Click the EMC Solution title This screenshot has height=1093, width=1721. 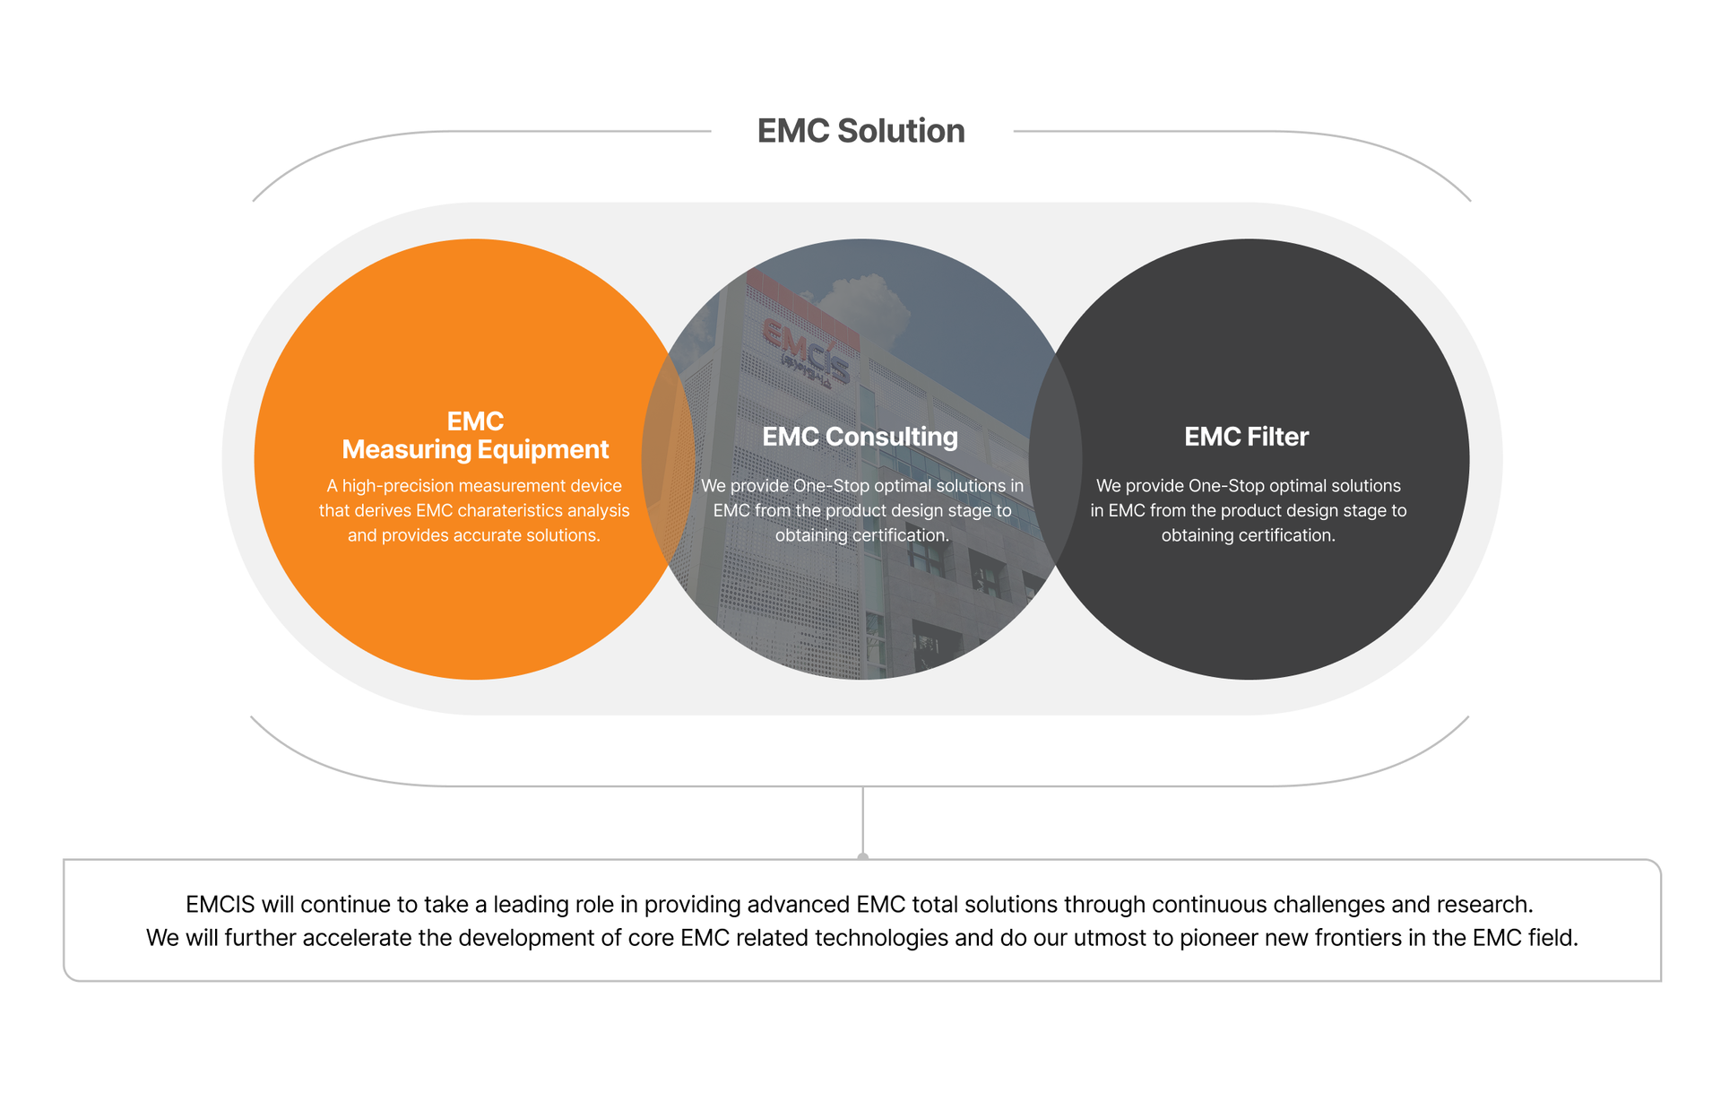click(x=860, y=131)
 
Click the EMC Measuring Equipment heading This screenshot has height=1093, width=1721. click(x=475, y=435)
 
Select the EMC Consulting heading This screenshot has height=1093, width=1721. click(x=860, y=437)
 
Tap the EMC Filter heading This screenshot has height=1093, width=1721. click(x=1246, y=437)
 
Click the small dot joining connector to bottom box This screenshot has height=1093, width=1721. click(x=863, y=858)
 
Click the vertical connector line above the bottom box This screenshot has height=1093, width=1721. click(x=863, y=820)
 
